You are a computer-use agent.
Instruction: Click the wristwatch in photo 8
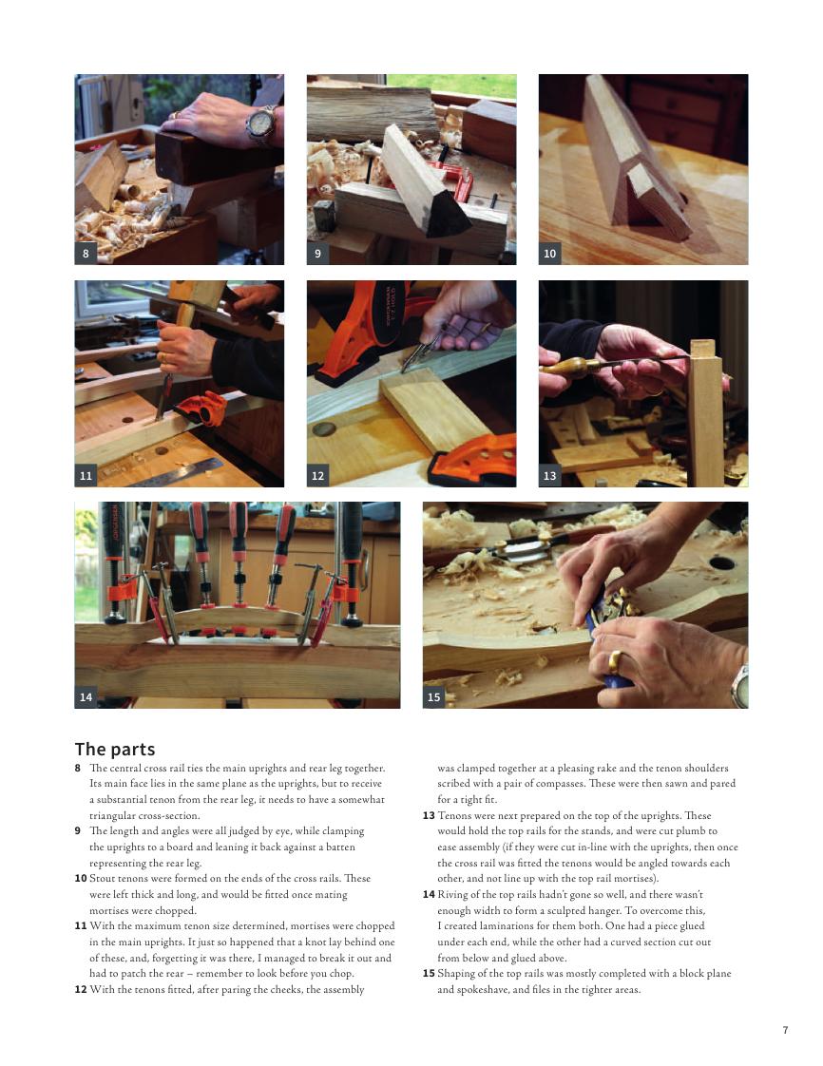(x=261, y=125)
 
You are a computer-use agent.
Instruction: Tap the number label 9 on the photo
(x=317, y=254)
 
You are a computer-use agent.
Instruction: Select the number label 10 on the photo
(x=549, y=254)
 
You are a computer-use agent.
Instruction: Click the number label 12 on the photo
(x=317, y=476)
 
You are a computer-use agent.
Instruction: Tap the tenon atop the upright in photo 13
(x=702, y=348)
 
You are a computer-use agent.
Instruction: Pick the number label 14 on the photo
(x=86, y=696)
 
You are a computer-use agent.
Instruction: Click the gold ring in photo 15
(x=614, y=662)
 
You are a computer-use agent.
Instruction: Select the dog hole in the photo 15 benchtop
(x=721, y=562)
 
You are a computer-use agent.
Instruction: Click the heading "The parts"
(x=115, y=750)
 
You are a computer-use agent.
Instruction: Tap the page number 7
(x=786, y=1030)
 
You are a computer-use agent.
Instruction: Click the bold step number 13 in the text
(x=429, y=816)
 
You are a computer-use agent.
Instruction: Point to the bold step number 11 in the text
(x=81, y=926)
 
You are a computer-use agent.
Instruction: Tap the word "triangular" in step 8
(x=114, y=816)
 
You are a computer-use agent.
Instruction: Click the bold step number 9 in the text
(x=78, y=830)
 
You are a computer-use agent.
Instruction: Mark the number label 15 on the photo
(x=433, y=696)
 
